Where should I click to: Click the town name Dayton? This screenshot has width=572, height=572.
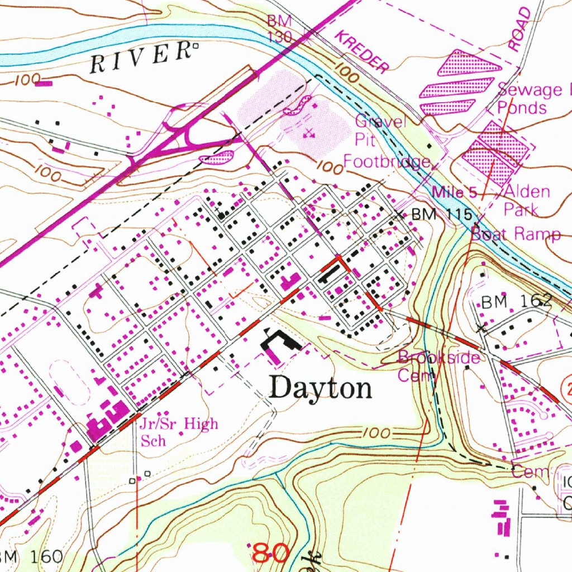321,388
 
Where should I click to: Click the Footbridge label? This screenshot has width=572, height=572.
387,163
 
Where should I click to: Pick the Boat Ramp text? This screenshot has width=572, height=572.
516,233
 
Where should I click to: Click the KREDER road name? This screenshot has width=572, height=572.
361,53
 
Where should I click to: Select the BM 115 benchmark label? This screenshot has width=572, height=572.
442,214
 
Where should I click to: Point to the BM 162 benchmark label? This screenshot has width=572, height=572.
517,302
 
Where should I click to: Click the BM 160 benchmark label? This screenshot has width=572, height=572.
31,556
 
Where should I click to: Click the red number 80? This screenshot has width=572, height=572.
270,553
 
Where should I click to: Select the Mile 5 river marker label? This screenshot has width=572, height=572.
455,193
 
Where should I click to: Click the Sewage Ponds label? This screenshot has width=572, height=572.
531,98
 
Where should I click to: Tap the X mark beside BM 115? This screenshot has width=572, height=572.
398,214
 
